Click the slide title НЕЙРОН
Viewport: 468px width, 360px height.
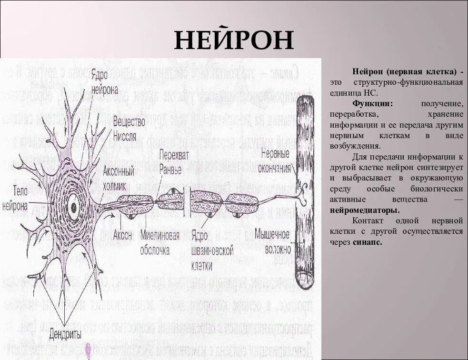[x=233, y=40]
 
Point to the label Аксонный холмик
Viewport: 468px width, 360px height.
[x=119, y=175]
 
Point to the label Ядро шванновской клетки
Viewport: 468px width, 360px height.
[x=211, y=250]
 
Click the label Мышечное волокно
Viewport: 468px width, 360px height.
[x=272, y=241]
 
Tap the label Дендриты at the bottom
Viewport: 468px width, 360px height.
[x=65, y=333]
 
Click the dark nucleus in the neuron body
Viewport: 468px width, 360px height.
[x=73, y=206]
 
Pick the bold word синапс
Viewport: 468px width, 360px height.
[x=368, y=242]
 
